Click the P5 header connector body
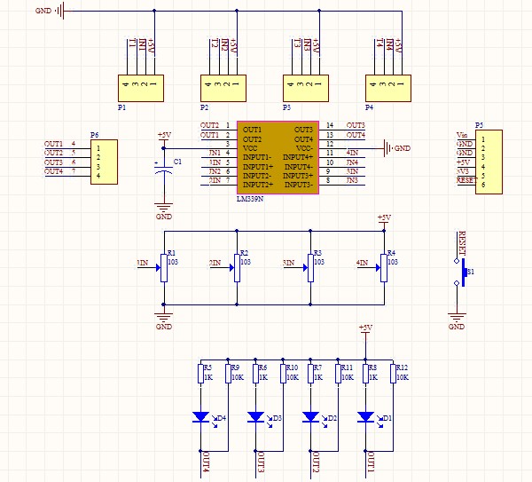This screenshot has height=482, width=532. point(489,158)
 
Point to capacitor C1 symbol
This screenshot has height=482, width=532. point(164,174)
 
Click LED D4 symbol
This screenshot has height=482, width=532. point(200,416)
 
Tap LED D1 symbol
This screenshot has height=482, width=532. point(365,416)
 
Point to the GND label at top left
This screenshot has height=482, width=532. point(43,12)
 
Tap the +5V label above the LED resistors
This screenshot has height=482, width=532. point(364,328)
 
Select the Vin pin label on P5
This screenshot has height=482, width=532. point(462,131)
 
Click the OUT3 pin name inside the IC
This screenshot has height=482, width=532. point(304,130)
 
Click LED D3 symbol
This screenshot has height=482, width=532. point(255,416)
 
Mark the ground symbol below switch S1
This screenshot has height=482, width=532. point(457,320)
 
